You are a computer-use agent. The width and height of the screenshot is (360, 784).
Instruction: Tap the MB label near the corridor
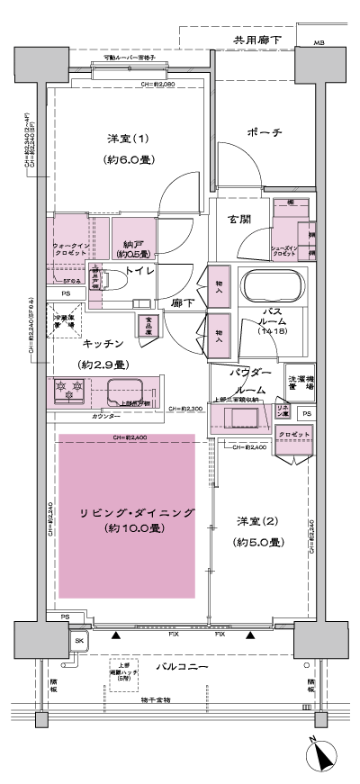319,43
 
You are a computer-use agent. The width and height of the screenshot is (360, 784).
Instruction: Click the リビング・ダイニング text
127,512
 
